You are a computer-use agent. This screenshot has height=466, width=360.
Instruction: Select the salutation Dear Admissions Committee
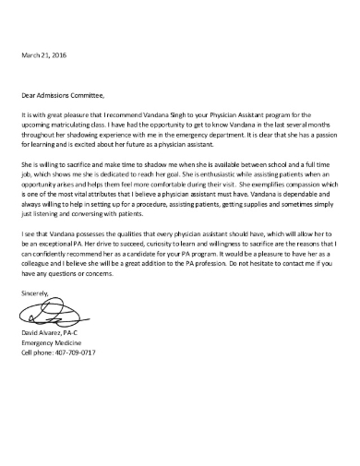coord(64,93)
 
